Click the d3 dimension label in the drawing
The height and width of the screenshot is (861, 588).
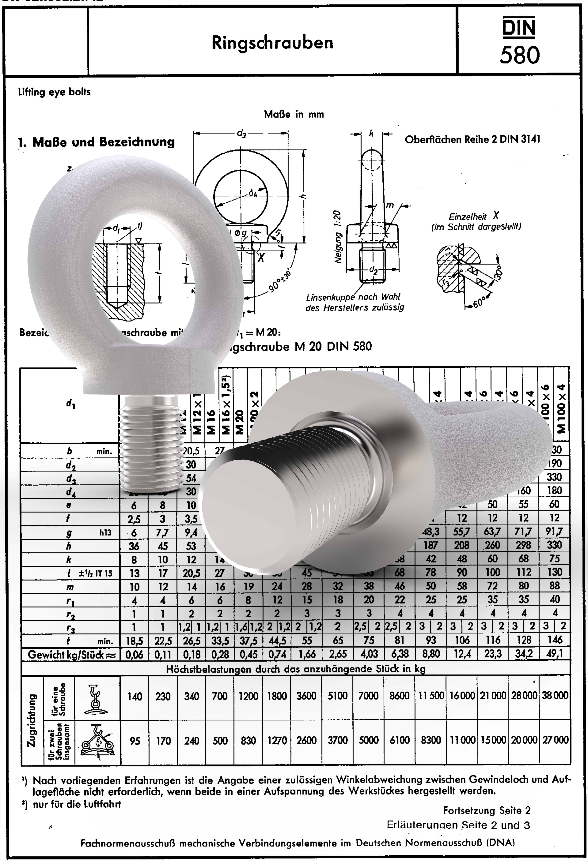click(x=241, y=133)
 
